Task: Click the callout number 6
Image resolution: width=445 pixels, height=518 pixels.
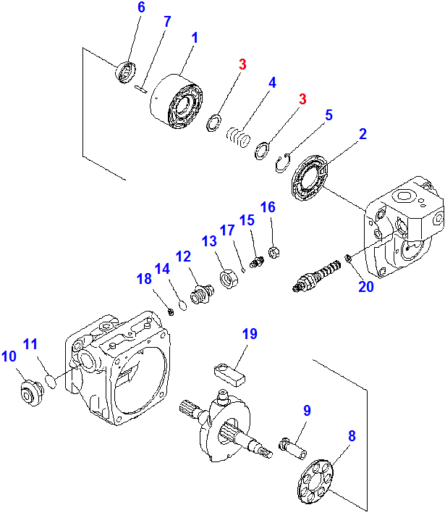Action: pyautogui.click(x=141, y=7)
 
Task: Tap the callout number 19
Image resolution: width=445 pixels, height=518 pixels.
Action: pyautogui.click(x=250, y=334)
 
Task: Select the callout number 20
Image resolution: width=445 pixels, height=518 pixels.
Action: pyautogui.click(x=366, y=287)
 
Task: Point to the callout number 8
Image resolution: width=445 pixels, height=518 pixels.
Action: pyautogui.click(x=352, y=436)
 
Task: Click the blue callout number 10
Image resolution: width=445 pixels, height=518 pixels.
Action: pyautogui.click(x=9, y=356)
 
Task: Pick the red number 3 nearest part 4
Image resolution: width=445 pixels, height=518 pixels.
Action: pyautogui.click(x=242, y=64)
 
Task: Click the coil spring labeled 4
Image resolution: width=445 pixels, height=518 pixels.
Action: pyautogui.click(x=239, y=136)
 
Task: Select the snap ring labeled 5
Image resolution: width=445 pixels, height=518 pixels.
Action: pyautogui.click(x=283, y=163)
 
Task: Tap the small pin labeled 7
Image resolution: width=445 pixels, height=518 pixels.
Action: pyautogui.click(x=141, y=89)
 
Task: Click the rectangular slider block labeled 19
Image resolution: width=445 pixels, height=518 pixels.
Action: pyautogui.click(x=229, y=375)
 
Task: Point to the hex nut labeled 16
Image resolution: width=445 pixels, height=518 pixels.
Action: pyautogui.click(x=274, y=252)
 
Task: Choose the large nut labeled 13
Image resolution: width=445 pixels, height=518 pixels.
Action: pyautogui.click(x=228, y=279)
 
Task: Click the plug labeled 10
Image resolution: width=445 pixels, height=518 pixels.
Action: pyautogui.click(x=32, y=393)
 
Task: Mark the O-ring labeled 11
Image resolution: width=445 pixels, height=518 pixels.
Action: pyautogui.click(x=51, y=381)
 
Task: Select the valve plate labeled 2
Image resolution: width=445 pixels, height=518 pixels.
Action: pyautogui.click(x=309, y=177)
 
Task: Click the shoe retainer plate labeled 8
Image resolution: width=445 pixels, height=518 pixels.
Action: pyautogui.click(x=315, y=481)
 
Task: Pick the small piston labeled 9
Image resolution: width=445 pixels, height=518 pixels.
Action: pyautogui.click(x=293, y=449)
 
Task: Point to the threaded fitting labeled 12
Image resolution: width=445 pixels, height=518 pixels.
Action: pyautogui.click(x=202, y=293)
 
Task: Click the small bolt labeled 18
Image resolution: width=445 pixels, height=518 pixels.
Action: pyautogui.click(x=171, y=312)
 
